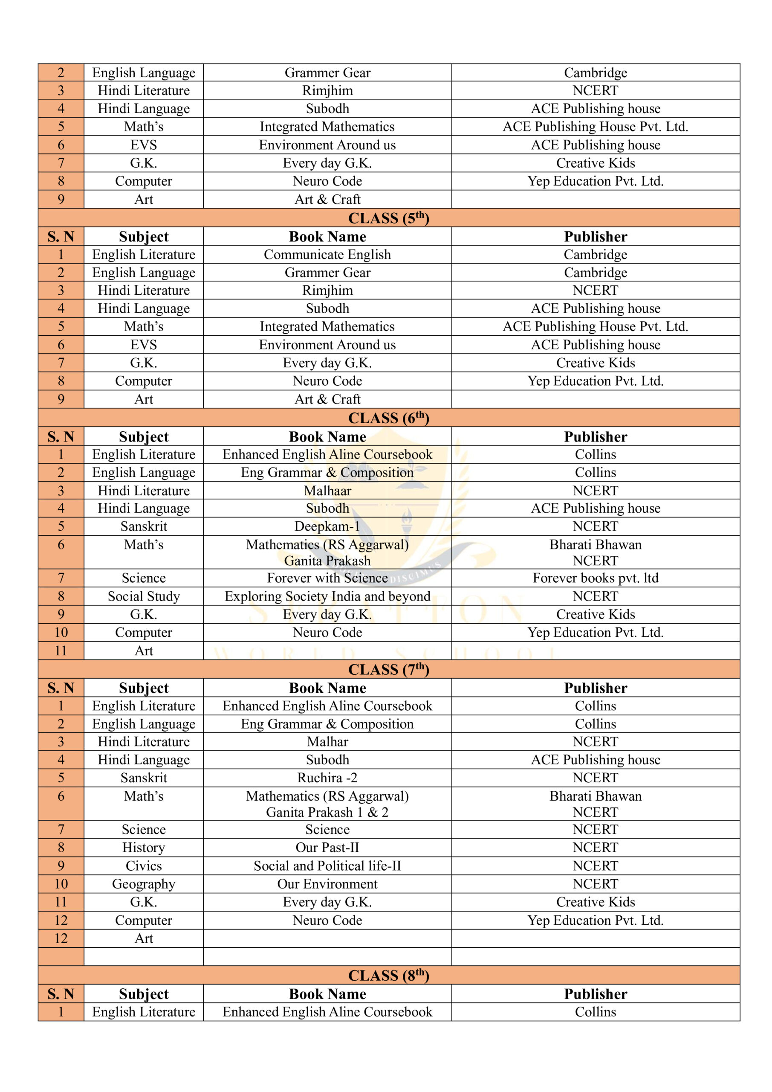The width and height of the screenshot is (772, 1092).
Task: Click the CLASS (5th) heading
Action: click(x=388, y=218)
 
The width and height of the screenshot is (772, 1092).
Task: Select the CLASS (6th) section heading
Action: click(x=388, y=418)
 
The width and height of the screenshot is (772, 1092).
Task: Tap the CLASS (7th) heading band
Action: click(x=388, y=669)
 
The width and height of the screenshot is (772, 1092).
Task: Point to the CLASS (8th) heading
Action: click(x=388, y=975)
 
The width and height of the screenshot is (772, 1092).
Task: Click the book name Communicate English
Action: click(x=327, y=255)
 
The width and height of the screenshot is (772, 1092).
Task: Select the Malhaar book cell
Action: click(x=327, y=491)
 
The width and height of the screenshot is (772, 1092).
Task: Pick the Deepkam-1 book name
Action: click(x=327, y=526)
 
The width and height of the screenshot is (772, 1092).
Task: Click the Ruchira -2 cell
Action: click(x=327, y=778)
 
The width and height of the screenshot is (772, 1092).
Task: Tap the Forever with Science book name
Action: click(x=327, y=578)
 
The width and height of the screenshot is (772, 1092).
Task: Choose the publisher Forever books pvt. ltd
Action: click(x=595, y=578)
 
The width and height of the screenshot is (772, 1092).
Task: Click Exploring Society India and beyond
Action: click(x=327, y=596)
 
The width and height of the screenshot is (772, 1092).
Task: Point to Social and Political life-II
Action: click(x=327, y=865)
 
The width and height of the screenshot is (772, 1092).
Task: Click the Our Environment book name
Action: click(x=327, y=884)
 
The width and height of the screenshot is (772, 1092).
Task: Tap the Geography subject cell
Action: click(x=144, y=884)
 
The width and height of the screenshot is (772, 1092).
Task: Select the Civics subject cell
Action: click(x=144, y=865)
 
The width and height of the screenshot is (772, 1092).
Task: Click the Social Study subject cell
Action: click(x=144, y=596)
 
